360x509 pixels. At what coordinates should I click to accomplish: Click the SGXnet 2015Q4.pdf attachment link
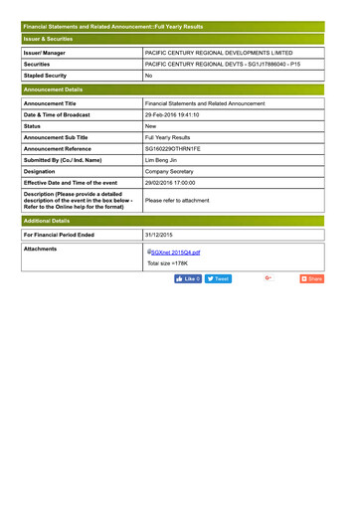click(x=175, y=253)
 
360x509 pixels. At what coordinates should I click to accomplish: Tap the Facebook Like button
click(x=188, y=279)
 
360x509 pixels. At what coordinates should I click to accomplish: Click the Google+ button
click(x=269, y=278)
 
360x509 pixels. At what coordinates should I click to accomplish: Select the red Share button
click(x=311, y=279)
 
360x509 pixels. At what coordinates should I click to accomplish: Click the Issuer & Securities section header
click(x=49, y=39)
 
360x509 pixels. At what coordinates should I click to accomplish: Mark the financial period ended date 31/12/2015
click(x=159, y=235)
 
